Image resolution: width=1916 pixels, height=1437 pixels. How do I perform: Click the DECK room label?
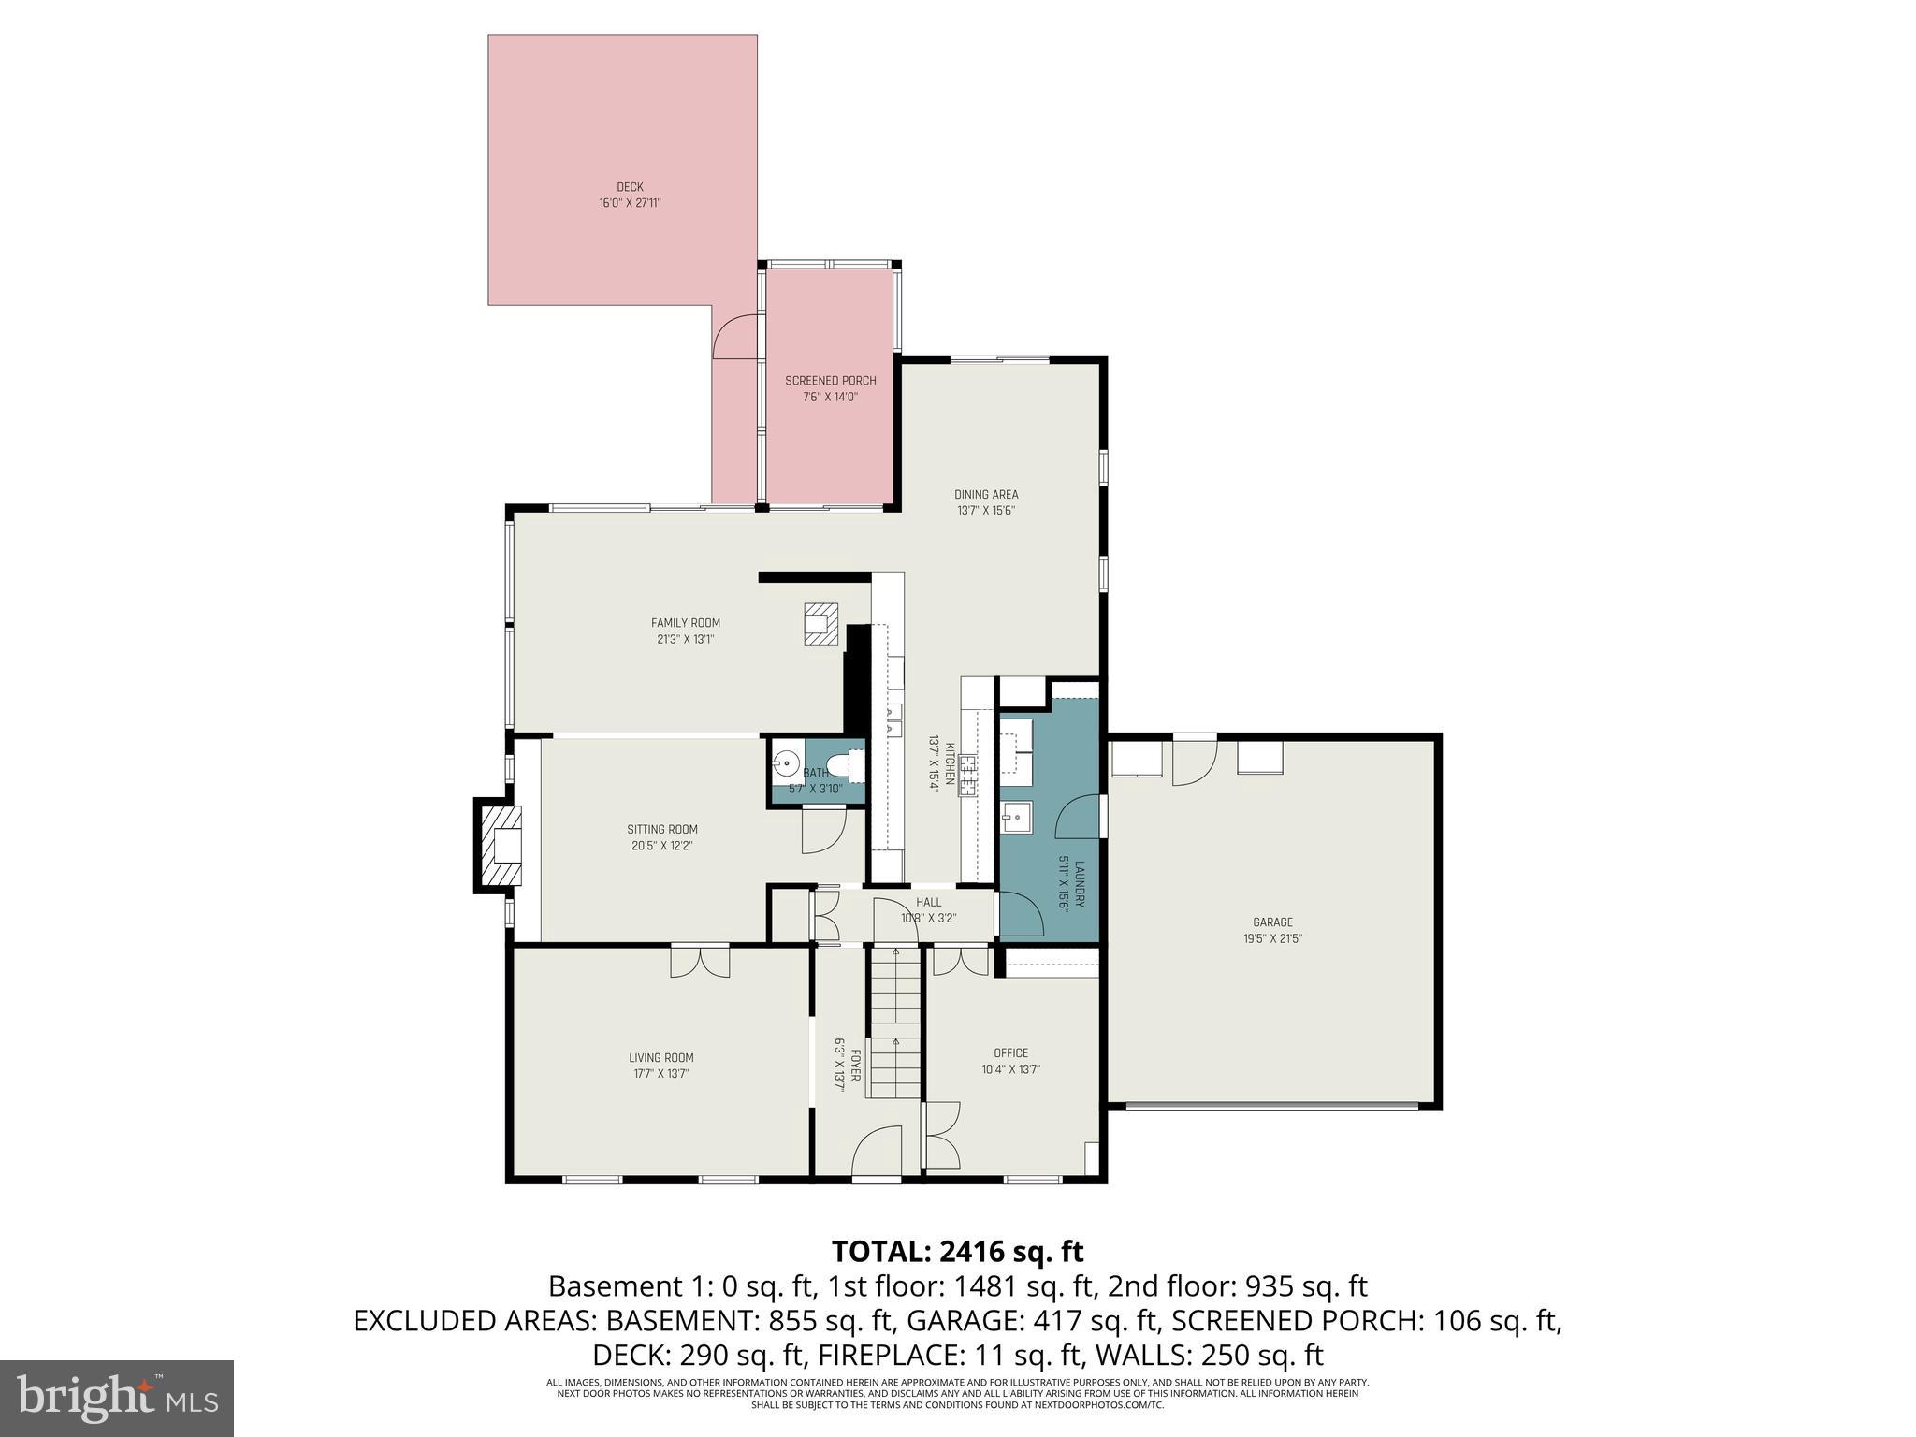click(630, 187)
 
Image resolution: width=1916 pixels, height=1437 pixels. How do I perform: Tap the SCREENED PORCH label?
click(830, 381)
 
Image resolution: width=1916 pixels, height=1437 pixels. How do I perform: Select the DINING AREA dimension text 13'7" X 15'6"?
click(986, 511)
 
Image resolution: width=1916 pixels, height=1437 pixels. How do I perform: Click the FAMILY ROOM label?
click(686, 623)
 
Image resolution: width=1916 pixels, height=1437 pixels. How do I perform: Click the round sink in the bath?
click(786, 763)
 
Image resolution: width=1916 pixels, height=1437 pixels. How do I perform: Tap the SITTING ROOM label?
click(661, 829)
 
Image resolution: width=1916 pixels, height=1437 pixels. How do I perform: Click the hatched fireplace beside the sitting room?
click(499, 847)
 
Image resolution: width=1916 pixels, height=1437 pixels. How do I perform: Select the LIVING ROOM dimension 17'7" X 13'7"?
click(660, 1074)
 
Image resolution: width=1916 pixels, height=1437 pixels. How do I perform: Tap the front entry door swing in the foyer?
click(878, 1151)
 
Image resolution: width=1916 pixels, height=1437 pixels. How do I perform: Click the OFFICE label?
click(1010, 1052)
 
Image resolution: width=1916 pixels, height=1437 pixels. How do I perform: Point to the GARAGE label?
click(1272, 922)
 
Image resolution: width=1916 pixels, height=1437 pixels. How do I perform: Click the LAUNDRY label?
click(1079, 884)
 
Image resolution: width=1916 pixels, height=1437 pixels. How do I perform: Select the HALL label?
click(928, 902)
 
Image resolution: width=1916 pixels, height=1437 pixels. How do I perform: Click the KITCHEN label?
click(950, 762)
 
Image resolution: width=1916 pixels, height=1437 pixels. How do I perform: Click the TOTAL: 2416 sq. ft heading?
click(957, 1251)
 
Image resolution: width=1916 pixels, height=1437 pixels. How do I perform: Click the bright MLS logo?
click(117, 1398)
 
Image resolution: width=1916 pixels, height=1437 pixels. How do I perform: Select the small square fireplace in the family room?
click(819, 624)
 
